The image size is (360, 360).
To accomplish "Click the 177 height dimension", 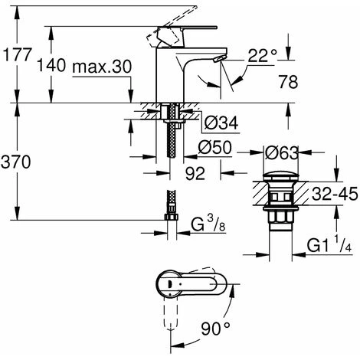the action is (x=17, y=54).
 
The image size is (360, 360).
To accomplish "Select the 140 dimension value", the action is (x=51, y=65).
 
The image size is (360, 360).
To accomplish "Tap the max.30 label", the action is (x=102, y=67).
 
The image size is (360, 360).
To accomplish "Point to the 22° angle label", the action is (x=263, y=55).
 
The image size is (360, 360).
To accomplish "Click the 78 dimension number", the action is (x=288, y=82).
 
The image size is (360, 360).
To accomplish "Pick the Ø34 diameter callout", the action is (x=221, y=123).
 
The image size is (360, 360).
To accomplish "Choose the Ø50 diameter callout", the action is (x=214, y=147).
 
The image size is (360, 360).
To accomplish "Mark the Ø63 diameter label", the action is (x=282, y=153).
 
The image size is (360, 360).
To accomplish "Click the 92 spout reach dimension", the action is (x=195, y=174).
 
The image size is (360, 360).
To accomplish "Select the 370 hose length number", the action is (x=16, y=162).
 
